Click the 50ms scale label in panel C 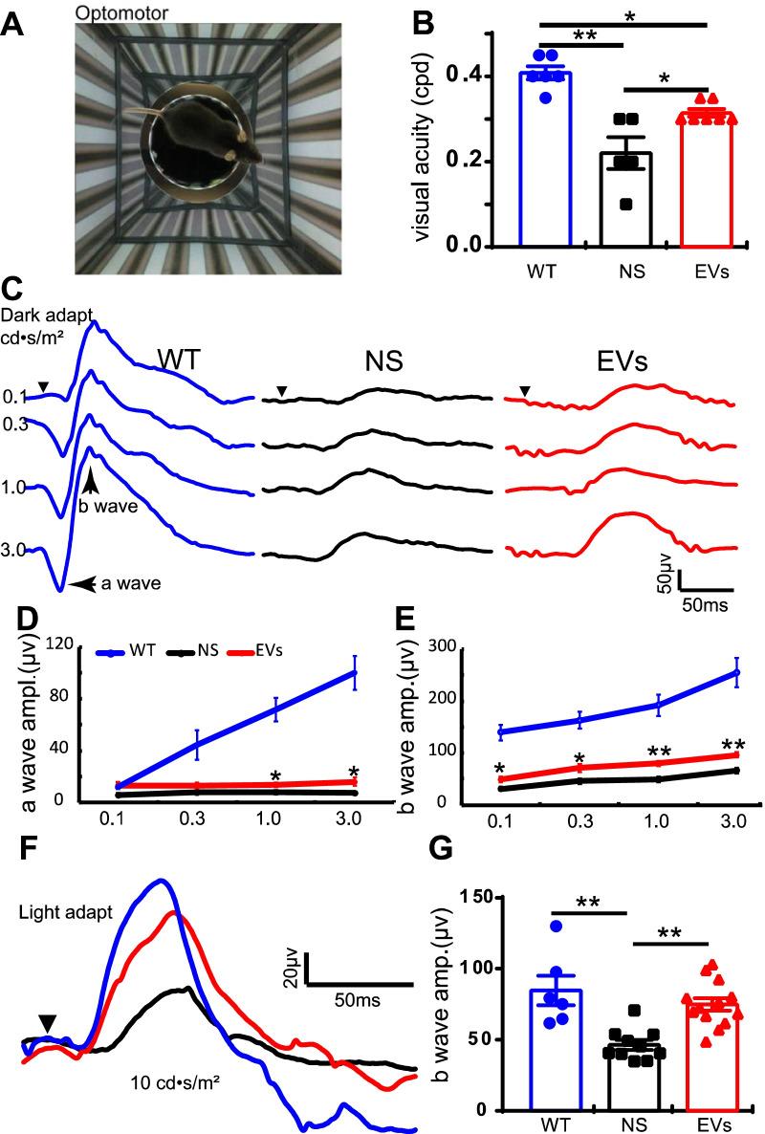pos(705,606)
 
